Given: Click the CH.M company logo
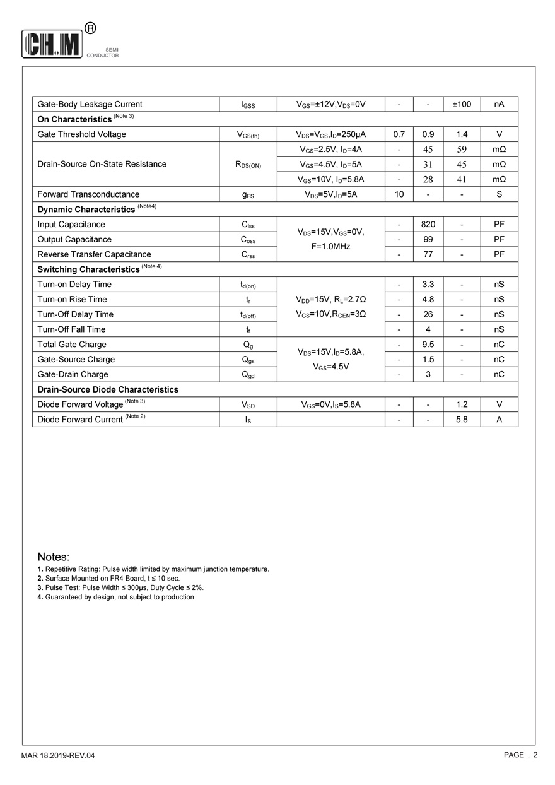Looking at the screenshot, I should tap(52, 44).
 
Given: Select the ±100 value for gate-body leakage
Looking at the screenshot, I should tap(462, 104).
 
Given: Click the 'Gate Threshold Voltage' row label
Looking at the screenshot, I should tap(81, 134).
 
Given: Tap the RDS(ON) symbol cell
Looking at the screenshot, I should tap(248, 165).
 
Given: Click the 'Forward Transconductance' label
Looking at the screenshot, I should tap(88, 194).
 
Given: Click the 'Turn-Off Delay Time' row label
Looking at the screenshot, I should tap(76, 314).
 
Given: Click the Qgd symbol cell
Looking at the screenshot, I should tap(248, 375).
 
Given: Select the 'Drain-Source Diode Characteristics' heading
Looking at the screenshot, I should tap(108, 389).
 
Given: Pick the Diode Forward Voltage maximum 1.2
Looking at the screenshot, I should tap(462, 404).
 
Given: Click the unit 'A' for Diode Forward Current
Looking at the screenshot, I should tap(499, 420).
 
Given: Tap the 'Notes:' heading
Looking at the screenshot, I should tap(54, 557).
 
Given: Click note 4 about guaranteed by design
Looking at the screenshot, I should tap(116, 597).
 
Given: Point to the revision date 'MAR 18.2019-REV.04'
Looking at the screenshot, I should tap(58, 755).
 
